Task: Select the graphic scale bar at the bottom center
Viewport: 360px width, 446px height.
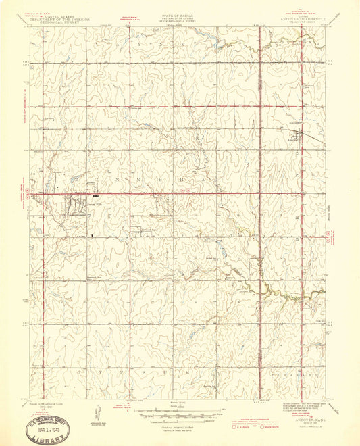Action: [180, 416]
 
